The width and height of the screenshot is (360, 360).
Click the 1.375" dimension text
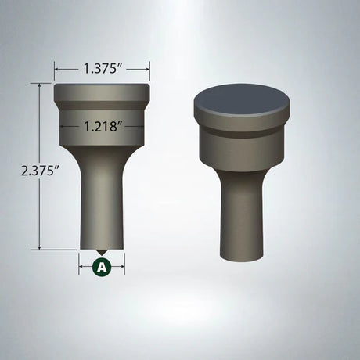(102, 69)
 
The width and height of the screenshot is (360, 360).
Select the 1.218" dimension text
(102, 125)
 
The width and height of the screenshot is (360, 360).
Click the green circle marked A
(102, 266)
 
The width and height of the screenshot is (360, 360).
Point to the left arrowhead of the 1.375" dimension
(56, 69)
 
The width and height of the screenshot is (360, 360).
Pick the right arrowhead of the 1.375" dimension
(147, 69)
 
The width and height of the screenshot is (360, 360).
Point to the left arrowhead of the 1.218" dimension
(61, 125)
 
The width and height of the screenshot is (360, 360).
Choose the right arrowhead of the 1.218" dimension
(142, 125)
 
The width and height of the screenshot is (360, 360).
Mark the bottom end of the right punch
(242, 260)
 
